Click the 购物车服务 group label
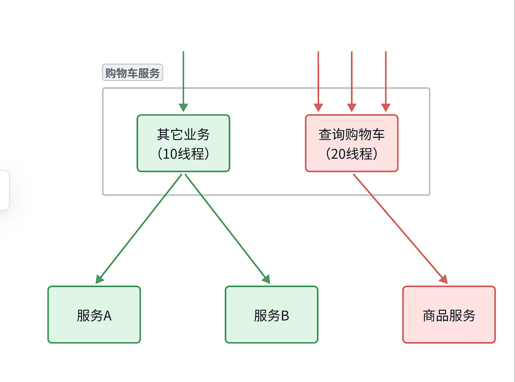click(132, 73)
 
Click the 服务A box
click(94, 314)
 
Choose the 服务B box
click(271, 314)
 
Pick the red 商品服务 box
click(449, 314)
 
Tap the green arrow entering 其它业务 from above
click(183, 79)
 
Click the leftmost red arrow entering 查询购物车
click(318, 79)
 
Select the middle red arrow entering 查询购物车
click(352, 79)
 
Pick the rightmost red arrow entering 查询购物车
click(386, 79)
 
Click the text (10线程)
click(183, 154)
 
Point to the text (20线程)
click(352, 154)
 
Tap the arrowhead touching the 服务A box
click(99, 279)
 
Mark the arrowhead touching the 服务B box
click(267, 279)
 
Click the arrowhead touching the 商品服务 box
click(444, 279)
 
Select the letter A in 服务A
click(107, 316)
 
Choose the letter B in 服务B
click(285, 316)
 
